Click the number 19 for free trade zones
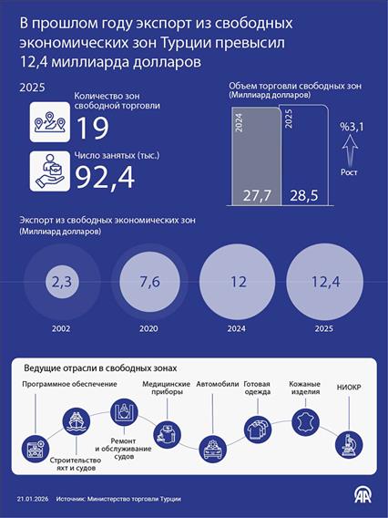tap(92, 128)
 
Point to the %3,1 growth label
tap(352, 127)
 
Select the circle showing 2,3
tap(61, 283)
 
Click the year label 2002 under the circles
tap(61, 329)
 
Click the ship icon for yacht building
tap(76, 420)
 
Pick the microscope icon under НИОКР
tap(348, 445)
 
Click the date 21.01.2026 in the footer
tap(31, 499)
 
